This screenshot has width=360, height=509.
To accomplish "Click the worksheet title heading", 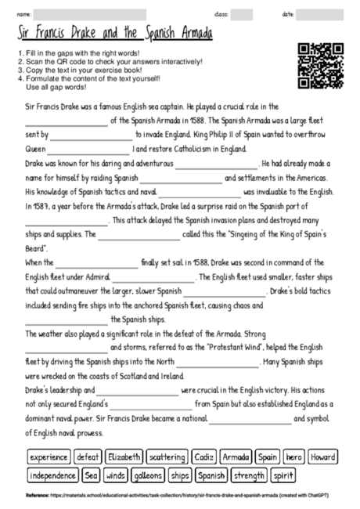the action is point(115,34).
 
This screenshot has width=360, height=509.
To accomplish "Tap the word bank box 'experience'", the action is point(49,457).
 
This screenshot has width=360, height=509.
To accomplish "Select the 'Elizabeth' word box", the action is point(124,457).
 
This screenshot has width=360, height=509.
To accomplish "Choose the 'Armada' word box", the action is point(236,457).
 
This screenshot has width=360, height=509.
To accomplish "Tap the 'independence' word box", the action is point(53,475).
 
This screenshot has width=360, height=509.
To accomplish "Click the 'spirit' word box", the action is point(283,475).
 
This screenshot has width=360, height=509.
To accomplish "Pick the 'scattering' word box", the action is point(167,457).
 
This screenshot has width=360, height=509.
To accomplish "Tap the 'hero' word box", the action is point(293,457).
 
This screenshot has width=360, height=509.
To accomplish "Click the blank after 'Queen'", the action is point(90,148).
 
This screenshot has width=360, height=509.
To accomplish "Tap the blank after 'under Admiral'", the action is point(159,276).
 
